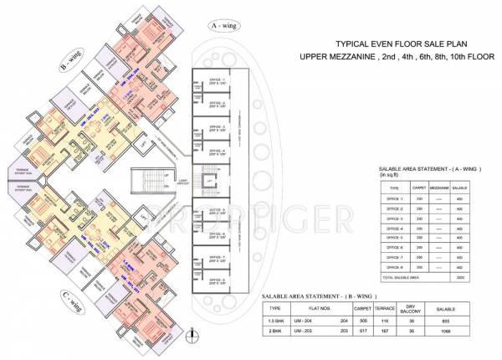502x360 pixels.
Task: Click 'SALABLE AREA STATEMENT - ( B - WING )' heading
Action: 321,296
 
